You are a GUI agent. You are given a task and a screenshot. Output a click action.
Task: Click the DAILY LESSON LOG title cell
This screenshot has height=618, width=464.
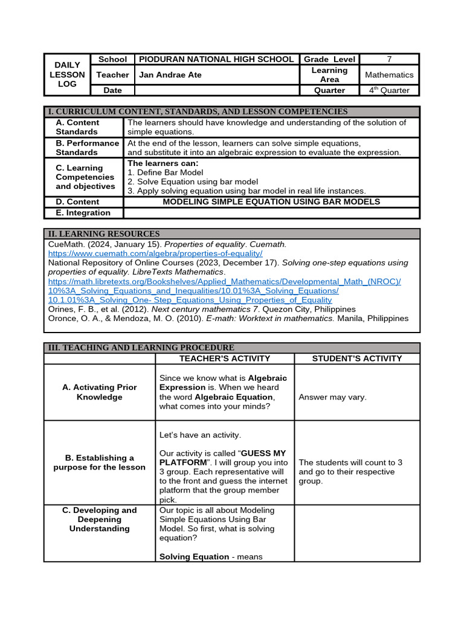67,74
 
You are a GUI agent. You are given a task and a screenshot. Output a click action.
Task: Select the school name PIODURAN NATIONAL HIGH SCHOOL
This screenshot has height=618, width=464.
217,59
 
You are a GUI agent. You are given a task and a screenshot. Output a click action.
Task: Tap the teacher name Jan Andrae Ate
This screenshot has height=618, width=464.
170,75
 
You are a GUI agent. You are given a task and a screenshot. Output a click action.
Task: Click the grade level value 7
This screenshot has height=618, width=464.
389,59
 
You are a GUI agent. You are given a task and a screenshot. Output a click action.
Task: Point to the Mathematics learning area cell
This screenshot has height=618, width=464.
389,75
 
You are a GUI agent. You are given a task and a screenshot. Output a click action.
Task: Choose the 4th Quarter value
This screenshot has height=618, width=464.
389,91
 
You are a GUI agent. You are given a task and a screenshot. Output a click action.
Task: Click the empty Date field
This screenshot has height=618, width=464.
217,91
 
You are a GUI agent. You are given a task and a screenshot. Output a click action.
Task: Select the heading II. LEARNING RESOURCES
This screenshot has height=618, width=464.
104,234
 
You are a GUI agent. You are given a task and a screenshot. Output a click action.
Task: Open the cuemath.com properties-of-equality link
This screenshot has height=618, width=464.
155,253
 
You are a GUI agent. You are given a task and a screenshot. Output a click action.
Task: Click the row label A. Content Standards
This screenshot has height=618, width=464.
77,127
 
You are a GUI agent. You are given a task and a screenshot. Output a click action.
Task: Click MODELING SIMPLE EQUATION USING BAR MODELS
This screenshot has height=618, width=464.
271,202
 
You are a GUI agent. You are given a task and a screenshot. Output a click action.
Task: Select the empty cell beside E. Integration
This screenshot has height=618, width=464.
271,212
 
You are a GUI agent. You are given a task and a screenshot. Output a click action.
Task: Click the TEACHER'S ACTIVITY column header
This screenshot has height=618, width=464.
225,358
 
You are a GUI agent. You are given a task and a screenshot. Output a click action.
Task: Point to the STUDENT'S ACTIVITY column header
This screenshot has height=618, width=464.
356,358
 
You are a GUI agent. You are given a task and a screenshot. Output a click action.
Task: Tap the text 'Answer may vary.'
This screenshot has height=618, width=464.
332,397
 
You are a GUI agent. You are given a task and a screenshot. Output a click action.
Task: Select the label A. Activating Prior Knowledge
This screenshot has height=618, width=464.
100,392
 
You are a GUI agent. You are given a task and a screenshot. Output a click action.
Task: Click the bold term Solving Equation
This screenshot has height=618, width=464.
194,556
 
